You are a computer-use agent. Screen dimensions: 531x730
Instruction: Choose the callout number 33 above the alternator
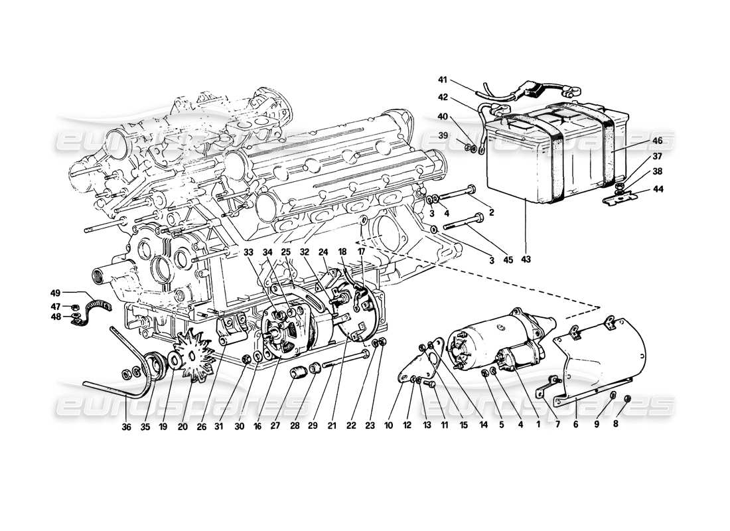tap(248, 252)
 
